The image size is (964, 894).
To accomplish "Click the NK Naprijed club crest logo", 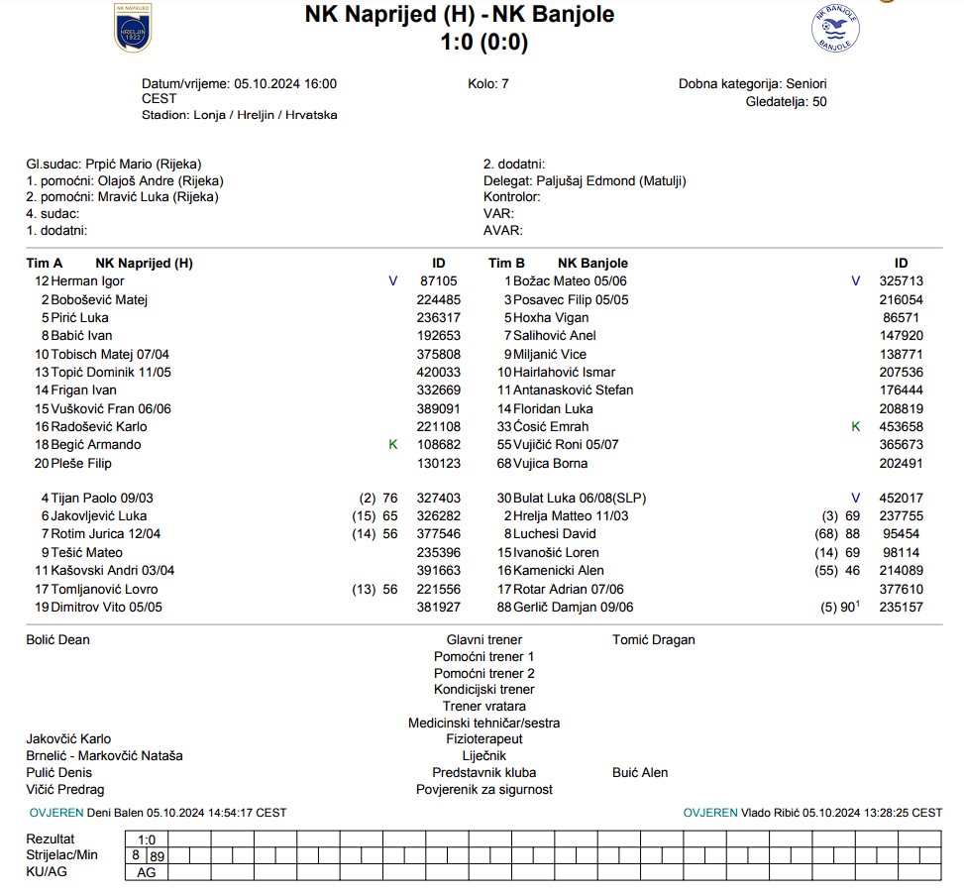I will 133,27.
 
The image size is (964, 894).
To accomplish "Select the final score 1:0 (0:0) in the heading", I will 483,42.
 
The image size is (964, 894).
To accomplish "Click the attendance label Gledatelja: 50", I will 786,101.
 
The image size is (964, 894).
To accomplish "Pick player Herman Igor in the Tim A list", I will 87,281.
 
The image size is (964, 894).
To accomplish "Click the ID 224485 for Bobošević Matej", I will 438,299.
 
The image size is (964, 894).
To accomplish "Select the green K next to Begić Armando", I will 392,445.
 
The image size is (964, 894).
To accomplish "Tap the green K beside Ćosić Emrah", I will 856,427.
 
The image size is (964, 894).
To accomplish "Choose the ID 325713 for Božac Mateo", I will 901,281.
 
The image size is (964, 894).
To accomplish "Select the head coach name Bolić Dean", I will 57,640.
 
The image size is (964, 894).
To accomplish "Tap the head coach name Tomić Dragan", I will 653,640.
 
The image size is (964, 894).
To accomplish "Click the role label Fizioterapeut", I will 483,739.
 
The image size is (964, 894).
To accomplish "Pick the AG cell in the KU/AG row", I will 146,873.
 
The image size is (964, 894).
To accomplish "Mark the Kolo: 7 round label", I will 487,84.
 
